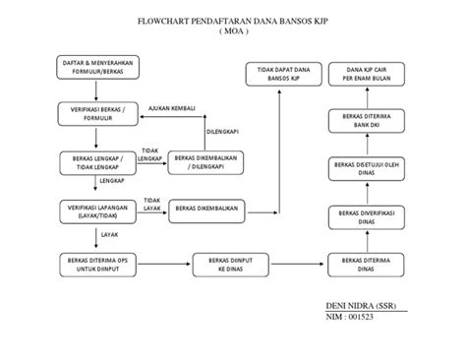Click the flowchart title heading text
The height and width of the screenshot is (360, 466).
point(234,21)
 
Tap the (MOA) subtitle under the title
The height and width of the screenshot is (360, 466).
point(234,31)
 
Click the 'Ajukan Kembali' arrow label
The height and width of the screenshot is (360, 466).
point(172,109)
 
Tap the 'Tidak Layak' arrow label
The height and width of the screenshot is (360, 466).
point(151,204)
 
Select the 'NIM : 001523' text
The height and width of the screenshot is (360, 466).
point(353,322)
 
